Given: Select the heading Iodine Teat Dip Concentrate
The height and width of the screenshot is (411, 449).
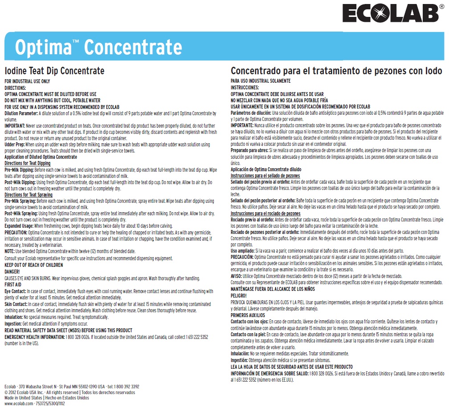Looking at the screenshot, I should click(x=54, y=71).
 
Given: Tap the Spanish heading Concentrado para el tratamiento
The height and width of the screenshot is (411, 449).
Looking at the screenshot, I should click(x=336, y=71).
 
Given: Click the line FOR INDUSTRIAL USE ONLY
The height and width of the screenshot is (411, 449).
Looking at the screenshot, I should click(x=27, y=82).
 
